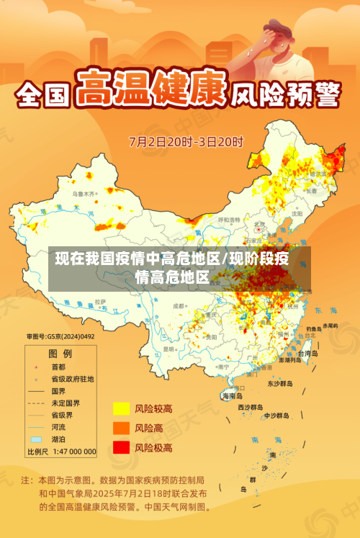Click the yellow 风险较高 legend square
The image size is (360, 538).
click(120, 409)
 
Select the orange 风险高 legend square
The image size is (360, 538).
click(120, 429)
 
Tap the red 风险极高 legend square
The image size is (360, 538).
click(120, 447)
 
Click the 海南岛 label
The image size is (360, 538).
click(232, 396)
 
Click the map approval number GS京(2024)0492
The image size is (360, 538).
click(61, 336)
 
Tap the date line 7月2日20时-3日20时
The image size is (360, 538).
click(186, 140)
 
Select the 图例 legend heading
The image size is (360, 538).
click(60, 354)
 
